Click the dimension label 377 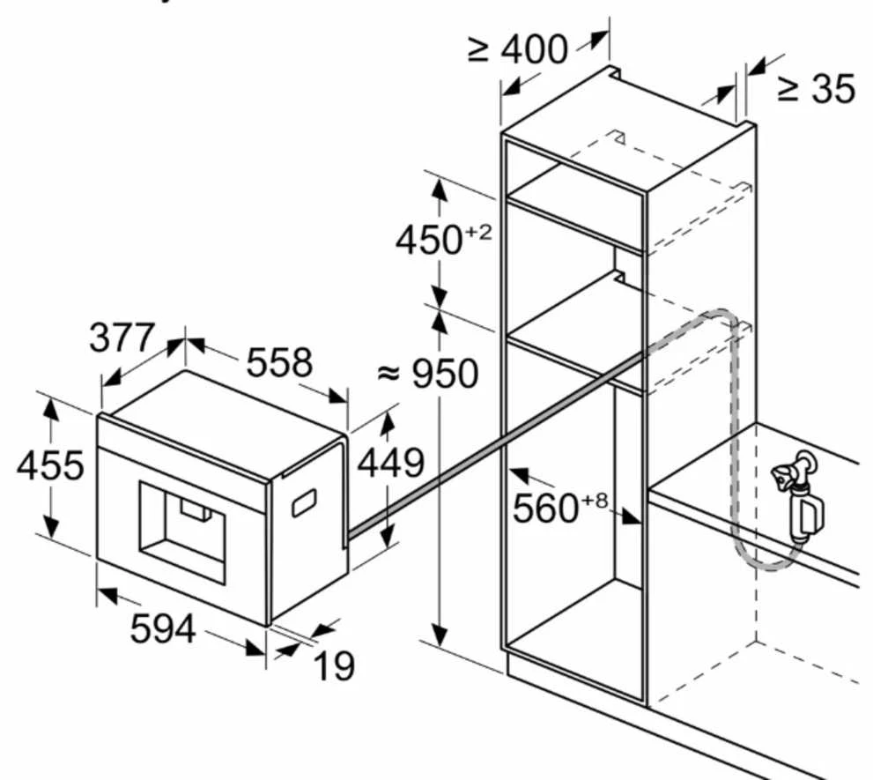click(121, 337)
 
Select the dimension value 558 click(279, 363)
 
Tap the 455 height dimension click(50, 465)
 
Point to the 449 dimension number click(390, 463)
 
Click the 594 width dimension click(163, 628)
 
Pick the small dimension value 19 click(334, 665)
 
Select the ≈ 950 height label click(427, 374)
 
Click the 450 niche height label click(429, 240)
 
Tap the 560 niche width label click(545, 508)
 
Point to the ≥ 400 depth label click(518, 49)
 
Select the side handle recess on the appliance click(305, 502)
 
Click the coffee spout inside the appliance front click(196, 509)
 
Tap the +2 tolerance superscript click(478, 233)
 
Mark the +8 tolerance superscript click(595, 501)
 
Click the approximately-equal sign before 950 click(388, 374)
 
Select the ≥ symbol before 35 click(788, 89)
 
